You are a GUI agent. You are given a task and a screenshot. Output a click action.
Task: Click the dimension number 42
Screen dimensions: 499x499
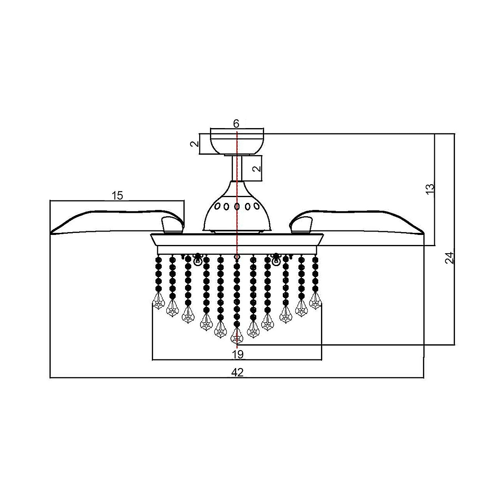point(237,372)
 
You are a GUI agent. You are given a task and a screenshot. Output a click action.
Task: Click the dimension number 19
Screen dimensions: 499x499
point(237,354)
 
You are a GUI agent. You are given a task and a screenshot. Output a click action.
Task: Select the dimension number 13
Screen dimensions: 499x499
point(430,188)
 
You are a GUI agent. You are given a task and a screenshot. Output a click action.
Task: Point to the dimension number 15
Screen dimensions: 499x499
point(118,195)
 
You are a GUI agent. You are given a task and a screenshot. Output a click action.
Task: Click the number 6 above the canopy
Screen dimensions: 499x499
point(236,123)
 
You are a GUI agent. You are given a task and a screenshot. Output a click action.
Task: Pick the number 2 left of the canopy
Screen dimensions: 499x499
point(194,144)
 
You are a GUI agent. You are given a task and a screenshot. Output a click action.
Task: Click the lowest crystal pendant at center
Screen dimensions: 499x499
point(237,335)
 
